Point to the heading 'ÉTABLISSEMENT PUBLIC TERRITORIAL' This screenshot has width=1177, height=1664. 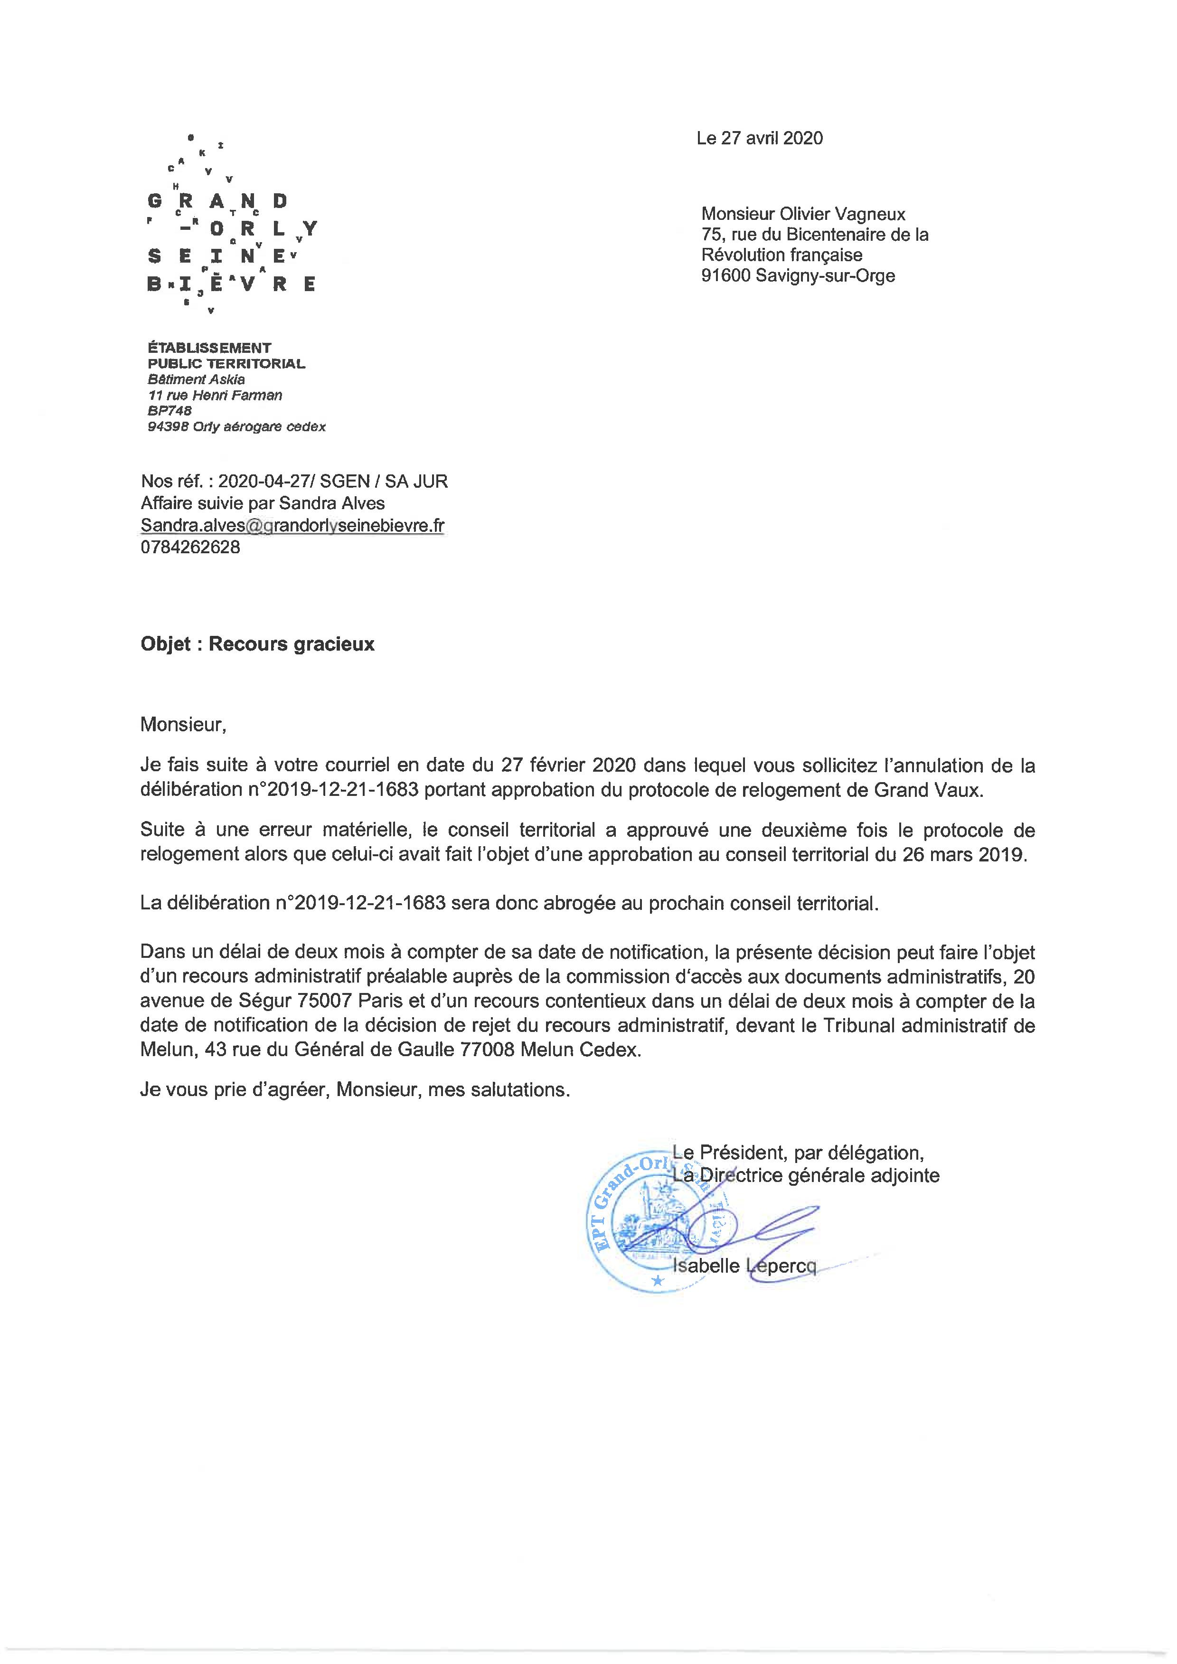coord(226,355)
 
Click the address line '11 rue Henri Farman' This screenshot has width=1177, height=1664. coord(215,395)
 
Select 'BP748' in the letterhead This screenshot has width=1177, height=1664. coord(169,411)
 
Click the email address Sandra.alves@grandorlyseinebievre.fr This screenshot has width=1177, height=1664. coord(292,525)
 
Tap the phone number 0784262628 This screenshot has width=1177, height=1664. coord(190,547)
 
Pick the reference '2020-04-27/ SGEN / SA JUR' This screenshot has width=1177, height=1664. coord(333,481)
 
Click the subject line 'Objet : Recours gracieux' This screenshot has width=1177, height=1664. coord(257,644)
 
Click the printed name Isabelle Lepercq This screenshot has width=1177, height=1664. coord(744,1266)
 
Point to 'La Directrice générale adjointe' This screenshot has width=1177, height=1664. coord(806,1175)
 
